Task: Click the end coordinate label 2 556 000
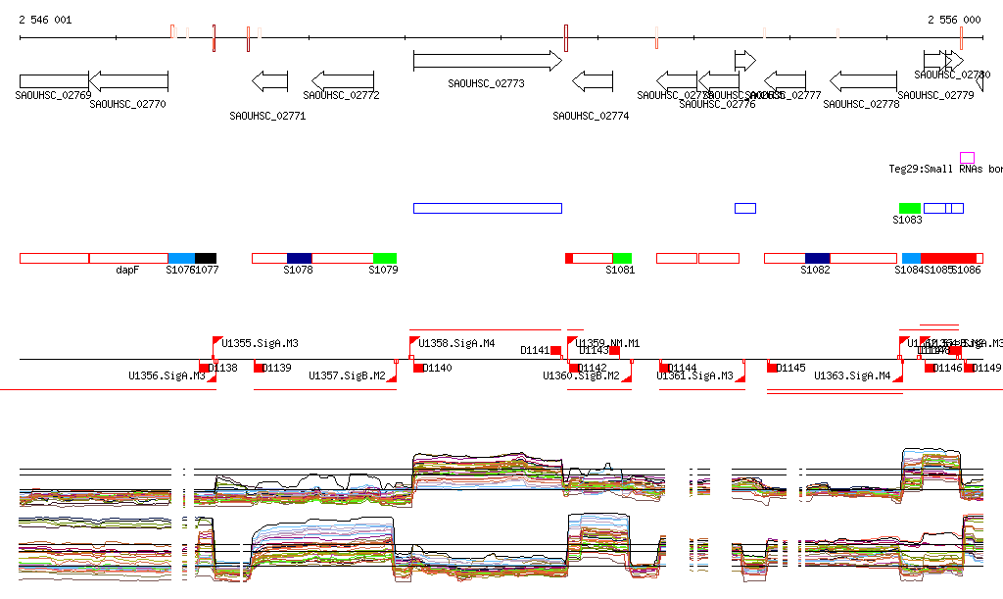coord(954,20)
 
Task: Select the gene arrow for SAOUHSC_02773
coord(487,61)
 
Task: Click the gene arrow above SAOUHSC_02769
coord(54,80)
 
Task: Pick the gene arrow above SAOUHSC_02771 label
coord(269,80)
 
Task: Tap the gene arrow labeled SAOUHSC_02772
coord(342,80)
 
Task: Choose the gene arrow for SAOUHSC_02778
coord(863,80)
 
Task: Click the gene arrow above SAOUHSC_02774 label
coord(592,80)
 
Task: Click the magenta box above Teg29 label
coord(967,158)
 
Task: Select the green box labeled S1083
coord(910,208)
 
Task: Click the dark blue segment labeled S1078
coord(299,258)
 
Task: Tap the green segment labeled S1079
coord(385,258)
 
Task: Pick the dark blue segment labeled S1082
coord(817,258)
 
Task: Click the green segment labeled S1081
coord(622,258)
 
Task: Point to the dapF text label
coord(127,270)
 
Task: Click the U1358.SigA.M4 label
coord(456,344)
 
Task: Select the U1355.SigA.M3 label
coord(260,344)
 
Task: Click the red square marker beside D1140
coord(418,368)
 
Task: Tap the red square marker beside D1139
coord(259,368)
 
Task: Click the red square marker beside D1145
coord(771,368)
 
